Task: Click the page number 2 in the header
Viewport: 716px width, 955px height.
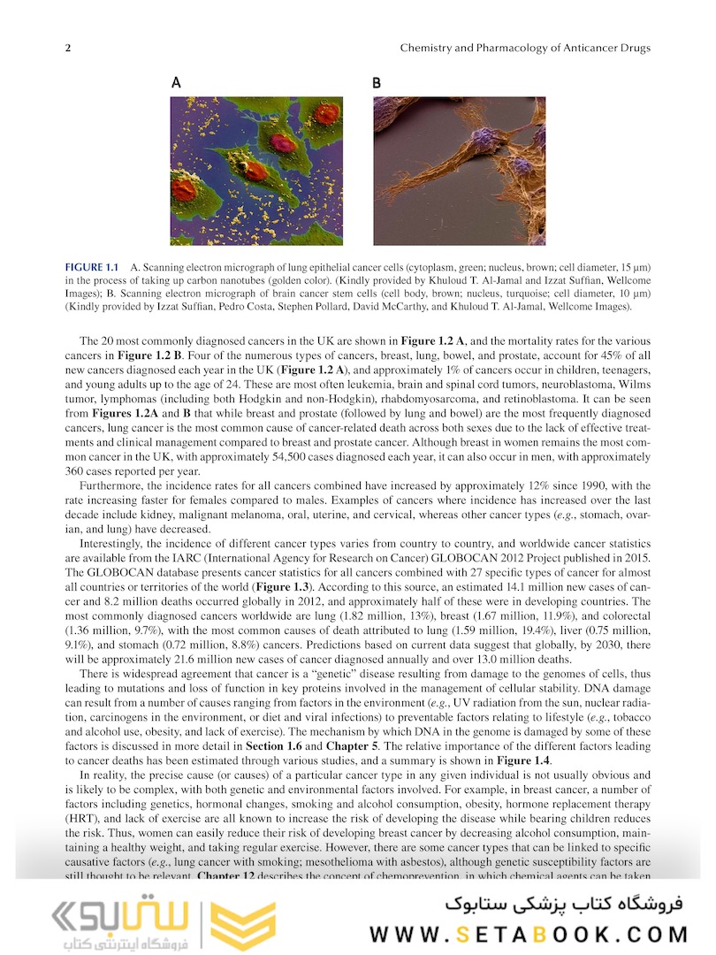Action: click(68, 48)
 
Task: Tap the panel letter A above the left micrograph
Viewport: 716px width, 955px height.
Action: click(176, 83)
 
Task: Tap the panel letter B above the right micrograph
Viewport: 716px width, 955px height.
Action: click(377, 83)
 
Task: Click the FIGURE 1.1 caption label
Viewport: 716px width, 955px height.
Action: click(92, 267)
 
